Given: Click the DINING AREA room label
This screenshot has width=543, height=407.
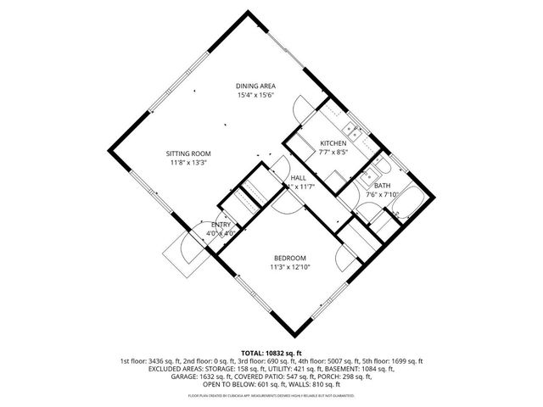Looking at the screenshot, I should (x=255, y=86).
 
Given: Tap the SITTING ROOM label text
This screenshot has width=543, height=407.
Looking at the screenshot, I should (x=188, y=153).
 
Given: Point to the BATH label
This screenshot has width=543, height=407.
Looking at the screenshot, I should (x=383, y=186).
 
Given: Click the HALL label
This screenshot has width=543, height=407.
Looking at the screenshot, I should (x=298, y=176).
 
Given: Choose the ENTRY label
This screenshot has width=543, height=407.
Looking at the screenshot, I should (x=221, y=224).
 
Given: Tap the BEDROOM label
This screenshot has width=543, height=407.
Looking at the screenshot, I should (x=289, y=258).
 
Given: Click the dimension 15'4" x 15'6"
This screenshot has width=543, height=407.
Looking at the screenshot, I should (x=255, y=95).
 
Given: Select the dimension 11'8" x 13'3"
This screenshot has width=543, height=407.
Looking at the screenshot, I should (x=188, y=163).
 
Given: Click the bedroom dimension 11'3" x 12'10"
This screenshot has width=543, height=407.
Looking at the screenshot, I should (x=289, y=267).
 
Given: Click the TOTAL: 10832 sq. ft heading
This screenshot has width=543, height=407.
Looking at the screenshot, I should (x=271, y=350).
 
